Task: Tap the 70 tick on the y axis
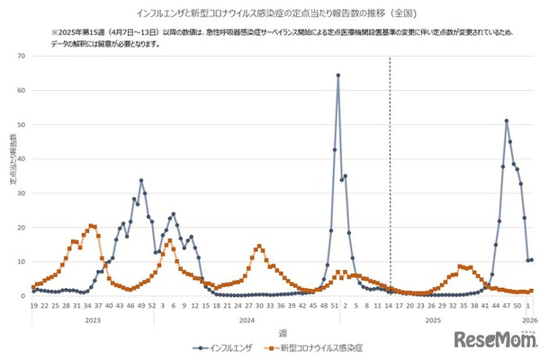coord(22,56)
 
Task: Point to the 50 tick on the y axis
coord(22,124)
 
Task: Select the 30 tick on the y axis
coord(22,193)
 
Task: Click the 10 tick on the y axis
coord(22,261)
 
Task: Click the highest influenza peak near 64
coord(338,76)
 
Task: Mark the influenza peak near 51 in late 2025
coord(507,121)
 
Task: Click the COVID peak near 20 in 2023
coord(91,226)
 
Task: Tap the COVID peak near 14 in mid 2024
coord(259,247)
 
